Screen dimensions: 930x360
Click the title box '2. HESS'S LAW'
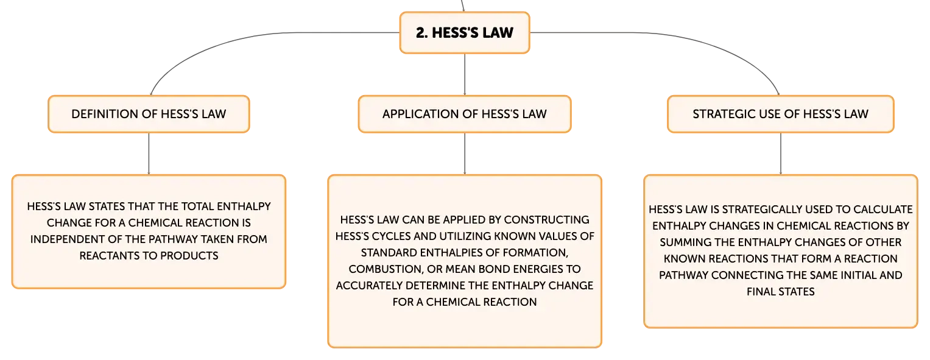pos(465,32)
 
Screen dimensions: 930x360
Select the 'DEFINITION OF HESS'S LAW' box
pos(149,114)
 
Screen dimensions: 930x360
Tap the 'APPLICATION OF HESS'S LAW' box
pos(465,114)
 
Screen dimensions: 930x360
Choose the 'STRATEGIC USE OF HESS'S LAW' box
pos(781,114)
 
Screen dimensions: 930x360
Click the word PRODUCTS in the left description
pos(189,256)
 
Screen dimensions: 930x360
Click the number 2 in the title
pos(421,33)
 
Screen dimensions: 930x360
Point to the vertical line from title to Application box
pos(465,74)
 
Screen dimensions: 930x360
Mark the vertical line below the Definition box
pos(149,154)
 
